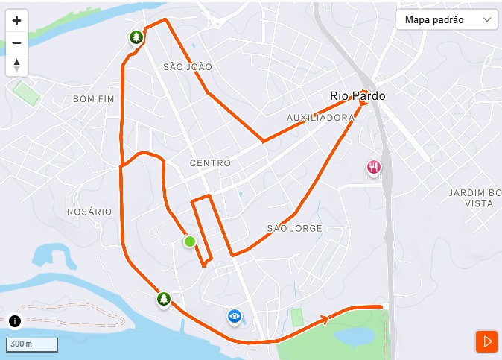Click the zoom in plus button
pos(16,21)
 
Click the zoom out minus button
pos(16,42)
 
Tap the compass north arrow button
pos(16,65)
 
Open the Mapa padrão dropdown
pos(447,19)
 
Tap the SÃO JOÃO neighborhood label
pos(188,67)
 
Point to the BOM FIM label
pos(95,98)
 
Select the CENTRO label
pos(210,163)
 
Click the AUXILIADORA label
pos(320,118)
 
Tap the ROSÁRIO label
pos(89,212)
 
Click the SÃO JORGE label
pos(294,228)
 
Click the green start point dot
pos(190,241)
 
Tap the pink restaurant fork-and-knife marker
pos(374,168)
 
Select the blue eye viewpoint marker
pos(235,317)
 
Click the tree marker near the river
pos(164,299)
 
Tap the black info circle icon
pos(16,321)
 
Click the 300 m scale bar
pos(32,344)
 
